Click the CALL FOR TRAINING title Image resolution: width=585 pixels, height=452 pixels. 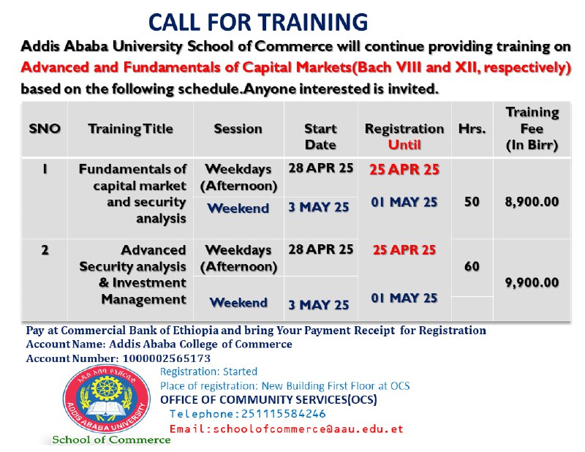[258, 22]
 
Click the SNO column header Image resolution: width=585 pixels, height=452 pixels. [45, 129]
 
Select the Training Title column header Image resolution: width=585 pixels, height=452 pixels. [131, 129]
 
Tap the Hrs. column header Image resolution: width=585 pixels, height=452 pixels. [472, 129]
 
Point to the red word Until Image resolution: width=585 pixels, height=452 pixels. [404, 145]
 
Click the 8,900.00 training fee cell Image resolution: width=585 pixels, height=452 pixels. [532, 202]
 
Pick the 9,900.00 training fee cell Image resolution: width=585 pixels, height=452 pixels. [532, 282]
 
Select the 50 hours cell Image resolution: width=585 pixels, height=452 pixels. [472, 202]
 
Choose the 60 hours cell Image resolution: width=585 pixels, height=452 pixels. [472, 266]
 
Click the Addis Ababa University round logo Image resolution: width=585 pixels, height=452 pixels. [107, 399]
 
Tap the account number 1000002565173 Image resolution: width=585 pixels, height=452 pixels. [167, 358]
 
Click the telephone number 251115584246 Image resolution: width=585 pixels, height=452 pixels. [284, 414]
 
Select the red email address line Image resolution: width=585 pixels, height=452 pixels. [286, 429]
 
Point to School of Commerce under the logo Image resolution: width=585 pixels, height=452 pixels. [111, 440]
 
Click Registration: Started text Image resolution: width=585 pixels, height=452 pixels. [208, 372]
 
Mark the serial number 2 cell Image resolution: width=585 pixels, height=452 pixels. [45, 249]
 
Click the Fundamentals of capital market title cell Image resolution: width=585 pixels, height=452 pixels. [132, 194]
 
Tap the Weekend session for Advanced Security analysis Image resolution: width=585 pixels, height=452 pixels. [238, 302]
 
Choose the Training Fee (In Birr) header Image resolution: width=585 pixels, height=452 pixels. [532, 129]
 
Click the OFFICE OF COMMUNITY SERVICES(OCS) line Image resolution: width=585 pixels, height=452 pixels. [268, 400]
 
